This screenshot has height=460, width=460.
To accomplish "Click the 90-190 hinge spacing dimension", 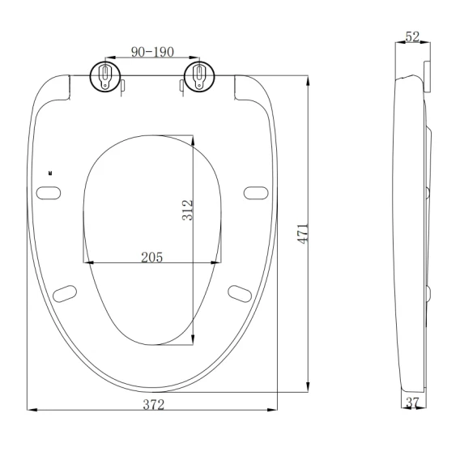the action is click(x=152, y=52).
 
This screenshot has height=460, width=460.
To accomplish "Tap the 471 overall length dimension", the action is click(x=303, y=233).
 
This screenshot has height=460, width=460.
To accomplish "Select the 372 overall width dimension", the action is click(x=153, y=405).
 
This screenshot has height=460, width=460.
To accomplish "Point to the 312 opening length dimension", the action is click(x=187, y=210).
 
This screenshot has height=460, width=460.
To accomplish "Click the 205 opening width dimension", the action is click(x=151, y=258).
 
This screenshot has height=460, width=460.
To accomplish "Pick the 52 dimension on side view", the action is click(x=412, y=36).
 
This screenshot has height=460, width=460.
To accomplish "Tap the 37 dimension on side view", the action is click(x=412, y=402).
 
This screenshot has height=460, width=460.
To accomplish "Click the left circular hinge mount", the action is click(x=105, y=77).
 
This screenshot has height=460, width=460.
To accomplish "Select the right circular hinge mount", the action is click(x=199, y=77).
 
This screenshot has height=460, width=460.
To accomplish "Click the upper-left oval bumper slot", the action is click(x=49, y=193).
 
